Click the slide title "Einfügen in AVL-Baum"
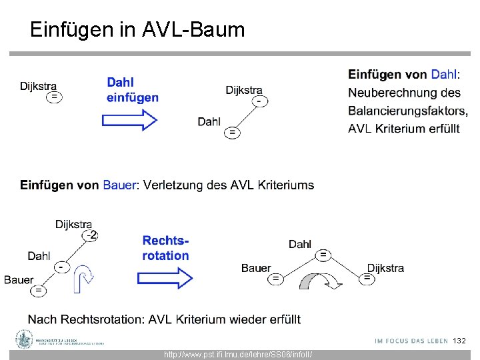click(137, 29)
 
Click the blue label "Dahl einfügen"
click(132, 90)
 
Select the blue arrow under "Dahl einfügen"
click(129, 120)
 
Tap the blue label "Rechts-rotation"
click(165, 248)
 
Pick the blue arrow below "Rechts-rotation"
click(165, 278)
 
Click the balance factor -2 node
click(90, 235)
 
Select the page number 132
click(459, 341)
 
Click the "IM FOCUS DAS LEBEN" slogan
click(411, 341)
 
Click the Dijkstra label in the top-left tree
click(38, 86)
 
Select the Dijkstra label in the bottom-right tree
click(385, 268)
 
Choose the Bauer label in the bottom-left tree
click(18, 279)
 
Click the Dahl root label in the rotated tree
click(300, 245)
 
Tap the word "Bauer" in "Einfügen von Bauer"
click(119, 185)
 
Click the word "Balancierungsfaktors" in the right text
click(407, 111)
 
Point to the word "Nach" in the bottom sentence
click(42, 319)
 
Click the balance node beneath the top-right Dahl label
click(232, 133)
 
